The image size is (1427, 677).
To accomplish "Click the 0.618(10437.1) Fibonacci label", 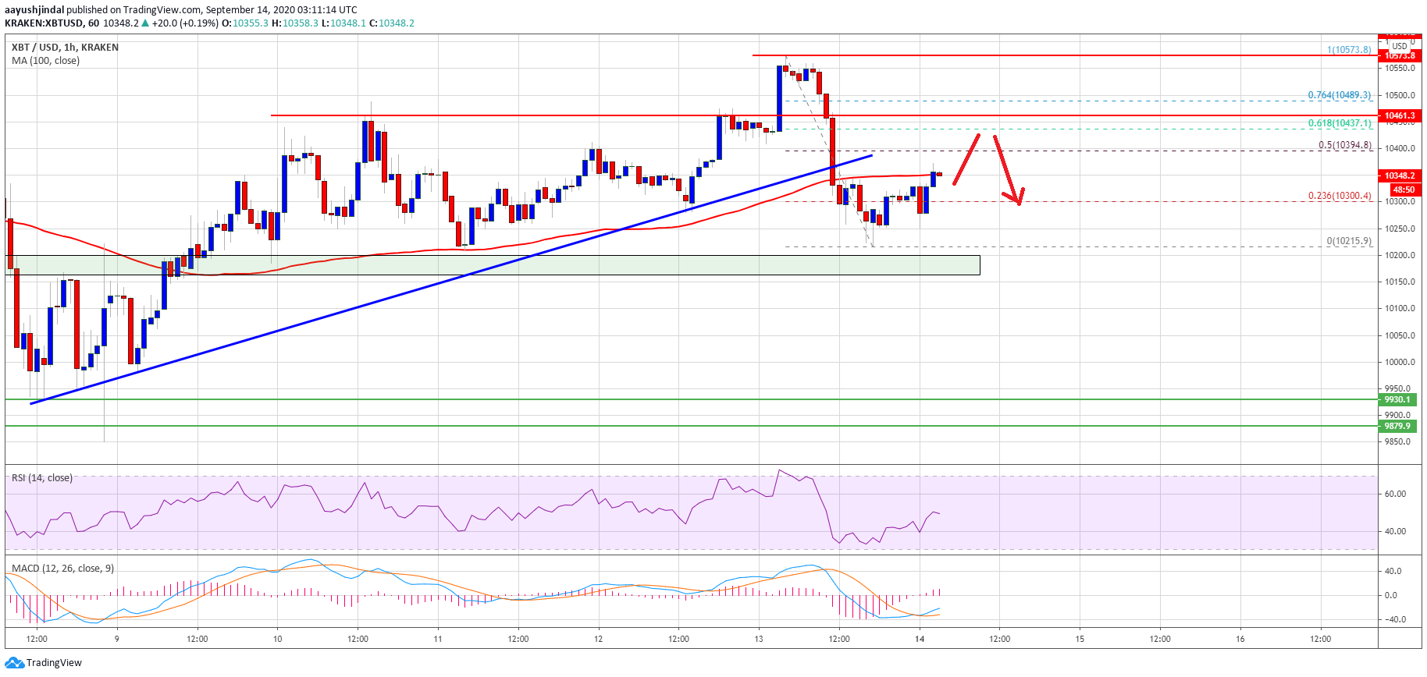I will pyautogui.click(x=1339, y=123).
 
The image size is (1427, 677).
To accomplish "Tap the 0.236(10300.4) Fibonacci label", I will pyautogui.click(x=1339, y=196).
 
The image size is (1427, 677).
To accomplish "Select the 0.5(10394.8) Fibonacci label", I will pyautogui.click(x=1344, y=145).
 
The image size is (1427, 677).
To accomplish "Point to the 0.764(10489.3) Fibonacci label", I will pyautogui.click(x=1339, y=95).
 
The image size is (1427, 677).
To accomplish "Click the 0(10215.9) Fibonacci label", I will pyautogui.click(x=1348, y=241).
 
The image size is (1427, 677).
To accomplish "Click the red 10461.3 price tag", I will pyautogui.click(x=1399, y=115).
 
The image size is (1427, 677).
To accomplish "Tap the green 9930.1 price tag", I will pyautogui.click(x=1397, y=399).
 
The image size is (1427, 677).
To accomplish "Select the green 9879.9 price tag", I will pyautogui.click(x=1397, y=426).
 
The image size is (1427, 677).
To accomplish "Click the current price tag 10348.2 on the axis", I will pyautogui.click(x=1399, y=175).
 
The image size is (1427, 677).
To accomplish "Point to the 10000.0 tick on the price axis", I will pyautogui.click(x=1400, y=362).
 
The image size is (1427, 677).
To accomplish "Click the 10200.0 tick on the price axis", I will pyautogui.click(x=1400, y=255).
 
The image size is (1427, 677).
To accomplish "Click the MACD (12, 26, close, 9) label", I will pyautogui.click(x=62, y=569).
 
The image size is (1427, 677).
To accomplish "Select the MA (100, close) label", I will pyautogui.click(x=45, y=61).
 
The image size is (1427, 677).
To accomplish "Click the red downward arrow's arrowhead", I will pyautogui.click(x=1017, y=201).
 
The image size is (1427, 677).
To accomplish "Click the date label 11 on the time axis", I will pyautogui.click(x=438, y=639).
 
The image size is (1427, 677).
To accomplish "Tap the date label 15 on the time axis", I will pyautogui.click(x=1080, y=639).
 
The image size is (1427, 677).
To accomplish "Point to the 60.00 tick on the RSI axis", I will pyautogui.click(x=1395, y=494).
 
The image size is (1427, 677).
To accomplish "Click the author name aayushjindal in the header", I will pyautogui.click(x=34, y=10).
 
